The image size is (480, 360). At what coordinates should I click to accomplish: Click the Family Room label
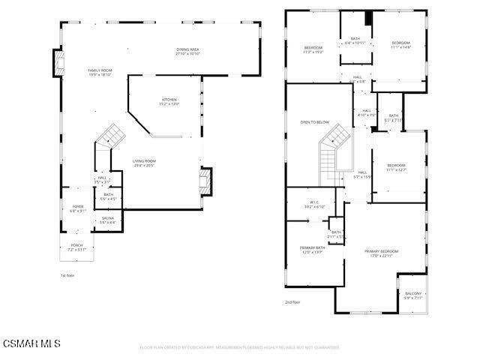[x=100, y=72]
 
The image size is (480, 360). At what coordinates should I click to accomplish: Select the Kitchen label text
[x=169, y=101]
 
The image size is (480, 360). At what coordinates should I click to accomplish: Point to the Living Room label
[x=144, y=163]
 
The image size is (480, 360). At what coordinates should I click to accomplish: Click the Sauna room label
[x=109, y=220]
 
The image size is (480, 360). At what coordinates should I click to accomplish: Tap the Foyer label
[x=78, y=208]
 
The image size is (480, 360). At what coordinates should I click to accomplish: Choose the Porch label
[x=77, y=246]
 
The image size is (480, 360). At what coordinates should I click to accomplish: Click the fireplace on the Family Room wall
[x=58, y=64]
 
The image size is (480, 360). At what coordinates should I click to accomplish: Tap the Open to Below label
[x=315, y=122]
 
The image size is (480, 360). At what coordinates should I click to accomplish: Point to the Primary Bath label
[x=312, y=250]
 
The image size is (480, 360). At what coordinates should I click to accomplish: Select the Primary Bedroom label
[x=381, y=253]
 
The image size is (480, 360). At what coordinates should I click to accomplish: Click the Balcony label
[x=413, y=295]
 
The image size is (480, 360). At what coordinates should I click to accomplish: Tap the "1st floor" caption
[x=67, y=275]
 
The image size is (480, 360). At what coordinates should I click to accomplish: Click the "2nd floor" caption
[x=292, y=302]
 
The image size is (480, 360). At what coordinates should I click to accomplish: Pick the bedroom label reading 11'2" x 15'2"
[x=313, y=49]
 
